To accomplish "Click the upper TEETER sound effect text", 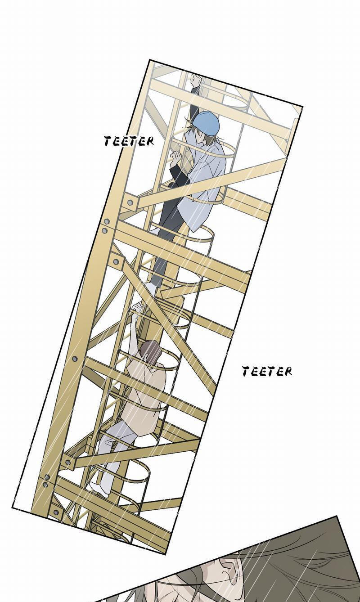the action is [x=129, y=141].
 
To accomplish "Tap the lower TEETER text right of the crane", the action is [x=267, y=371].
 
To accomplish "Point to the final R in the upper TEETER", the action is [x=150, y=142].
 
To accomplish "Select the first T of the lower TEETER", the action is [x=246, y=371].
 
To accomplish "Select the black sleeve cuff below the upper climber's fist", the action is [x=177, y=173].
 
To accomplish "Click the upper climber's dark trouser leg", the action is [x=166, y=231].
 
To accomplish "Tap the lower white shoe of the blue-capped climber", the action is [x=151, y=288].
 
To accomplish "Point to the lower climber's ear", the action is [x=146, y=357].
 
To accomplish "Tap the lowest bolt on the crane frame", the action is [x=56, y=512].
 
